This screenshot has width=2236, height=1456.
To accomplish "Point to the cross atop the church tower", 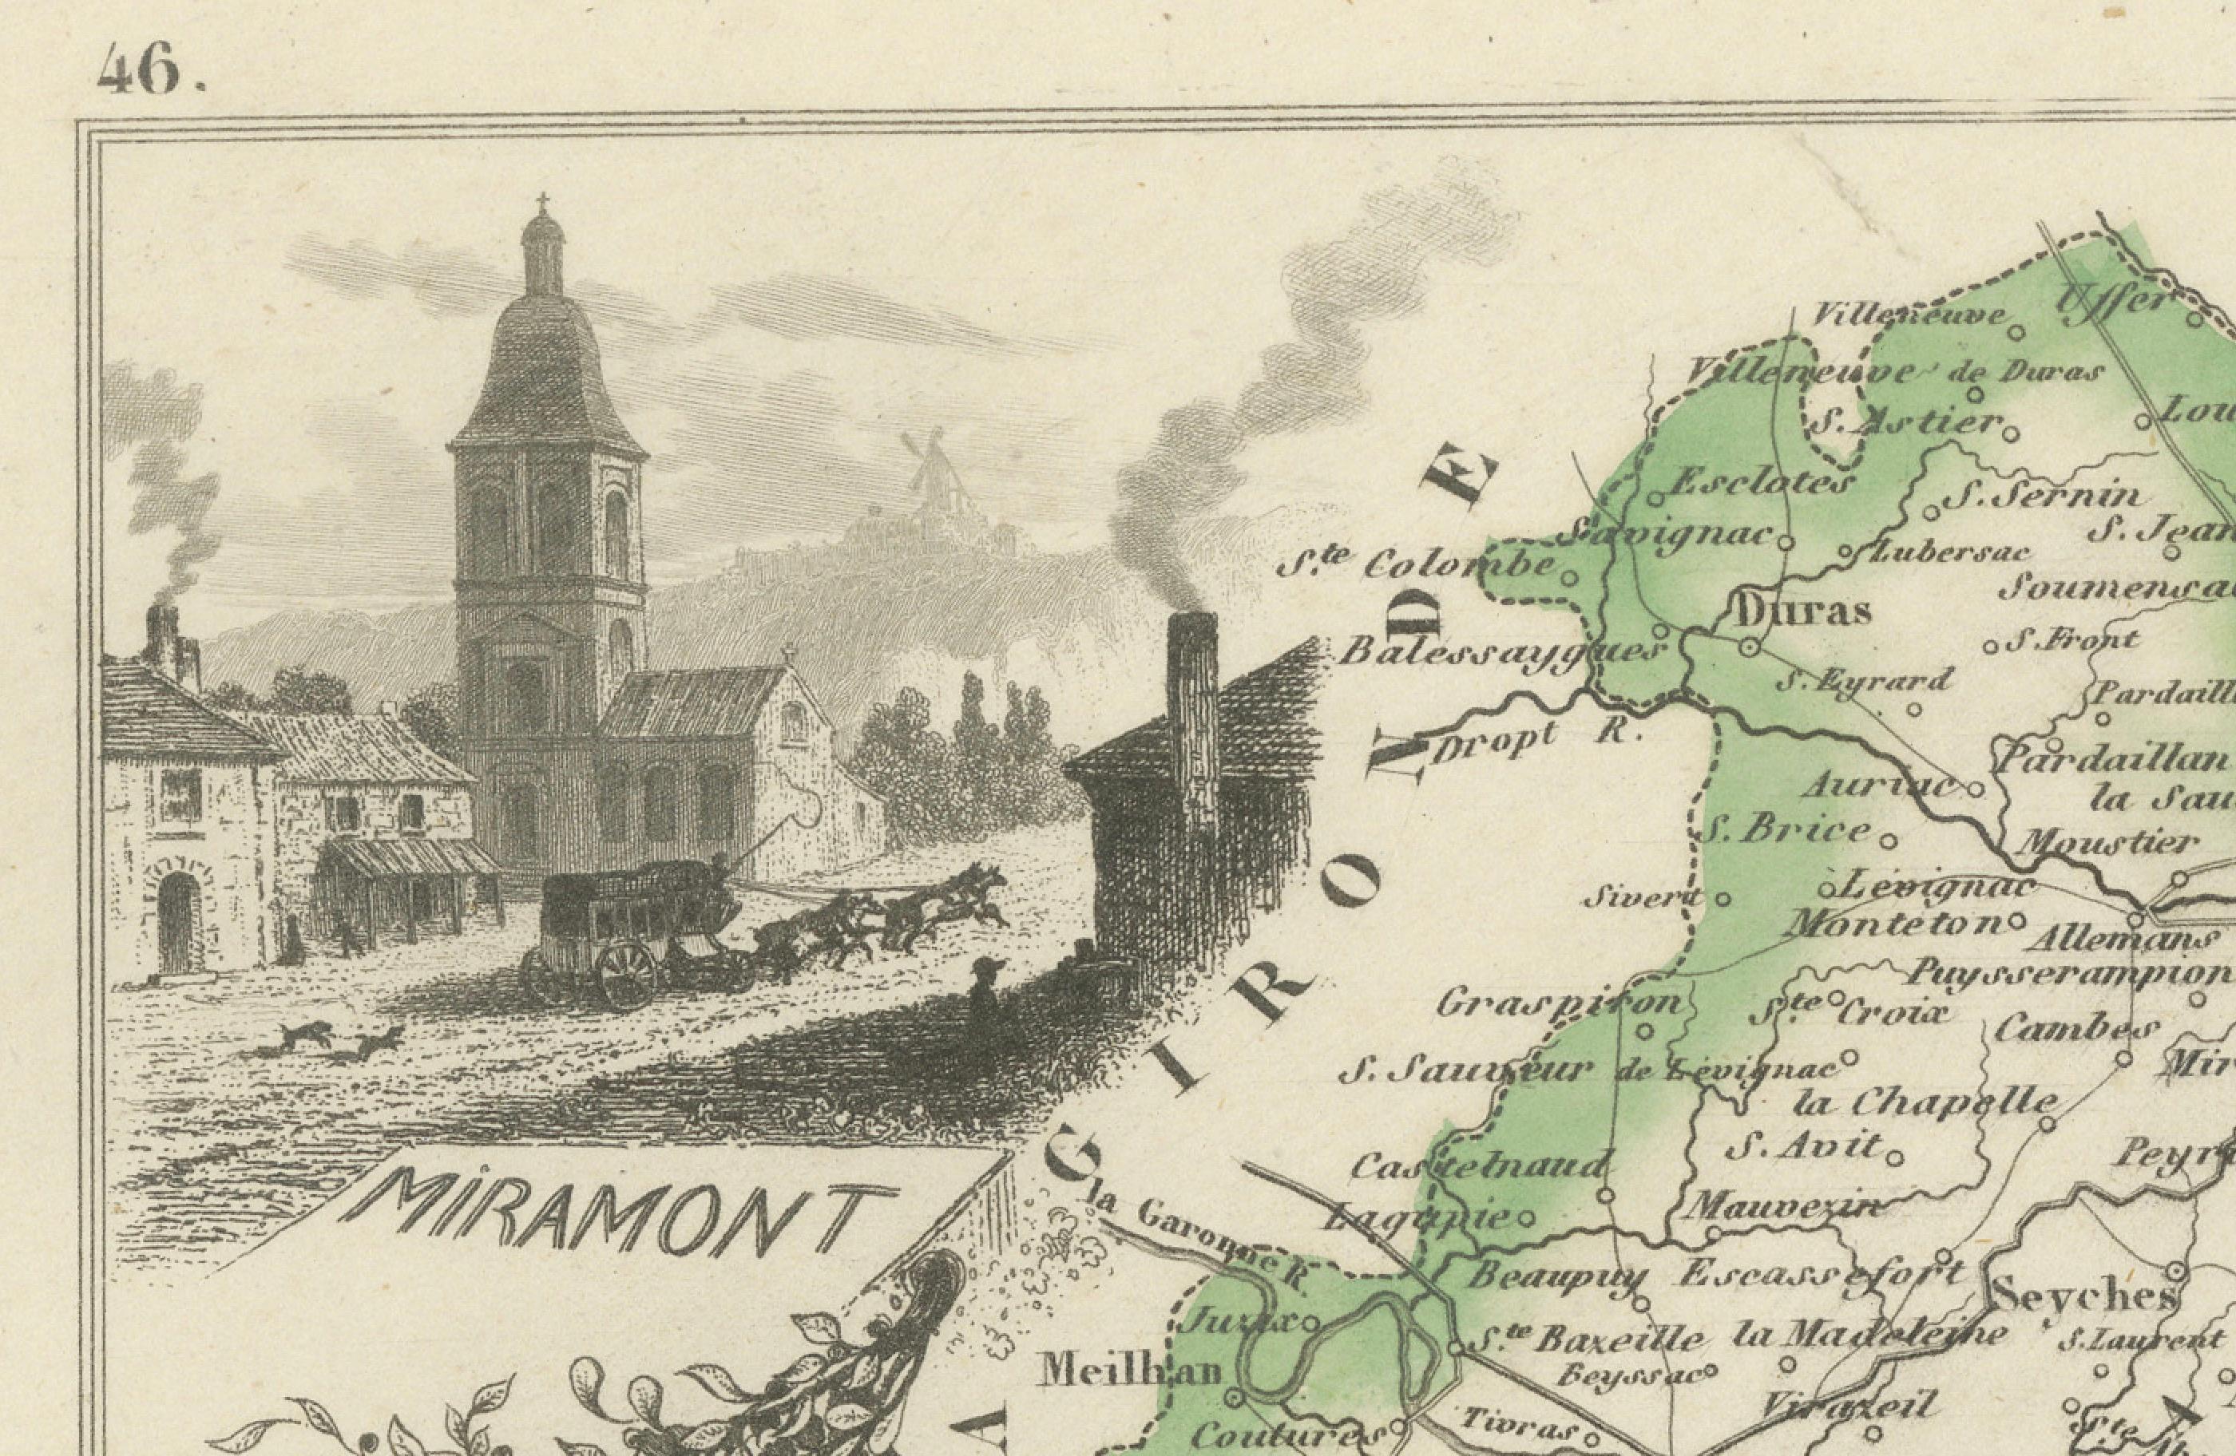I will click(x=542, y=202).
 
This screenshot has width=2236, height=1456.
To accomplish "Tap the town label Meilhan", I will click(x=1128, y=1372).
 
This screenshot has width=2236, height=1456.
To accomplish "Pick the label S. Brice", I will click(x=1788, y=829).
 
